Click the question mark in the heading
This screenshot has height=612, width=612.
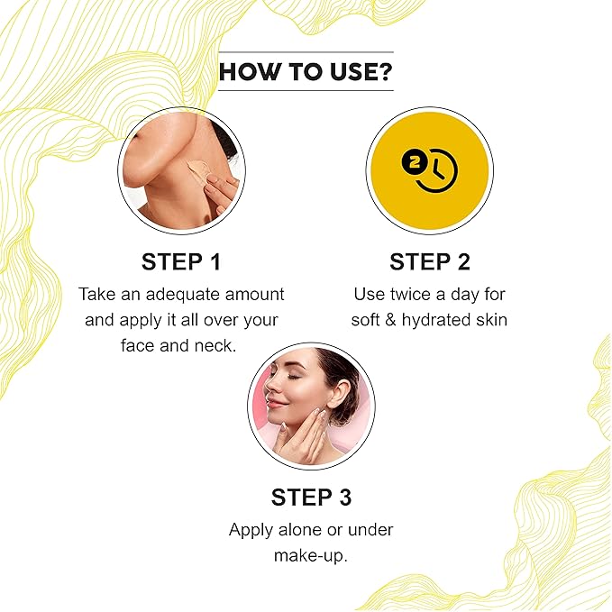pos(384,71)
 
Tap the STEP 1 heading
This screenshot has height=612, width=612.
pos(181,261)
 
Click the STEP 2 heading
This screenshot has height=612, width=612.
pos(430,261)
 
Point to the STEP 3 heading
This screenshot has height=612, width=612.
pos(312,498)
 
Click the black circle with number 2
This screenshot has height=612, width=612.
pos(414,163)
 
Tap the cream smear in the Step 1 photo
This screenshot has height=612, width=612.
pos(198,169)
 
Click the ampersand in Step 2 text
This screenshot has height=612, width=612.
pos(390,320)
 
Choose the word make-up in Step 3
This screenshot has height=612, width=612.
pos(311,556)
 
